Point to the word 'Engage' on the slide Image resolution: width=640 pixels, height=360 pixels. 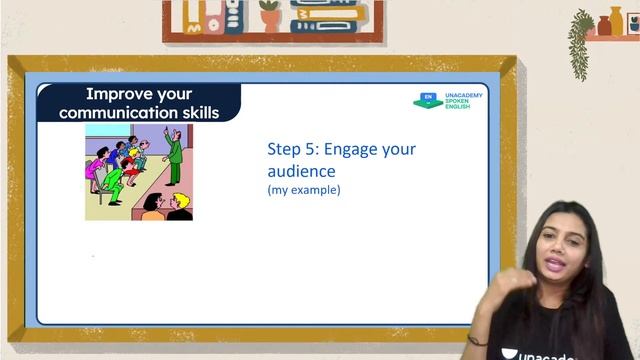point(350,150)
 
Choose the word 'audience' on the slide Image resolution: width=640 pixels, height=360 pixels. point(301,171)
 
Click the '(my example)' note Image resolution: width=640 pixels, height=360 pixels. point(303,190)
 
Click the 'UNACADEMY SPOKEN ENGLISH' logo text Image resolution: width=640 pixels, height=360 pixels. point(463,100)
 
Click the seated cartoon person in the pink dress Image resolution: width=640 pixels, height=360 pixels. point(97,168)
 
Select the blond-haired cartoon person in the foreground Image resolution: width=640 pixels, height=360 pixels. point(178,207)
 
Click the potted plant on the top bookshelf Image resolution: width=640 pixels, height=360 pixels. point(270,15)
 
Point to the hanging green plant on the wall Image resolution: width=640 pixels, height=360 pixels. point(581,40)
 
